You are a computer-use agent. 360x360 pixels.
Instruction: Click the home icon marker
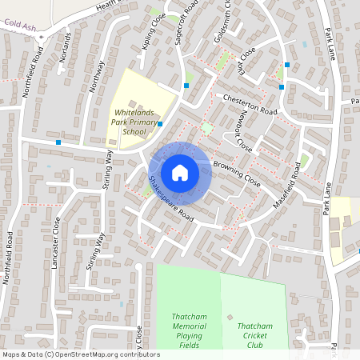pos(180,172)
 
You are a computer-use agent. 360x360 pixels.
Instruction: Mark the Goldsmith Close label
pos(226,14)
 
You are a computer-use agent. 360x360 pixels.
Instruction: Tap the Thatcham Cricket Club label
pos(254,335)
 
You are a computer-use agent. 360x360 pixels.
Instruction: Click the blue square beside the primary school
pos(160,124)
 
